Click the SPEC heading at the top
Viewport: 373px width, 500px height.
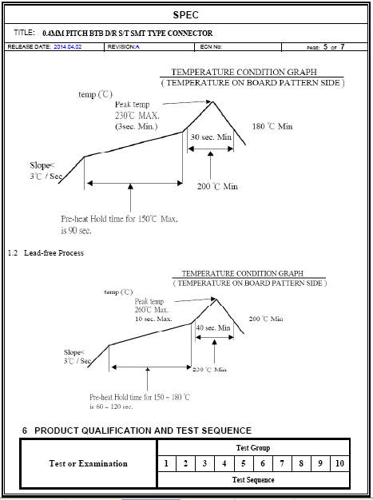pos(186,15)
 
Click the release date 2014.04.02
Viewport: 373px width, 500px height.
pos(68,47)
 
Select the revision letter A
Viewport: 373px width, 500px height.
pos(137,47)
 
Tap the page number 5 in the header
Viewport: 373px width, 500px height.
pos(325,47)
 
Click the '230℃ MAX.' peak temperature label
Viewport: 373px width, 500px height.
pos(137,116)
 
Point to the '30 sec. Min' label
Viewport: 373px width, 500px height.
pos(211,137)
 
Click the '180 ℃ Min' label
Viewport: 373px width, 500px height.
pos(272,126)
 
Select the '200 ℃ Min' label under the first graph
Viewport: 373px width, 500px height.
pos(217,186)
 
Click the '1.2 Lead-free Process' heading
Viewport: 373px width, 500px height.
pos(46,253)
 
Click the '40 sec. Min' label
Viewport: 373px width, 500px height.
pos(213,327)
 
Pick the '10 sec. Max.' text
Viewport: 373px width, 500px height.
pos(153,319)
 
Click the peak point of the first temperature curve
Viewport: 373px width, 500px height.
pos(212,101)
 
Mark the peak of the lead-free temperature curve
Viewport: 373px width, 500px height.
pos(216,299)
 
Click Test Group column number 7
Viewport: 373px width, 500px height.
pos(282,463)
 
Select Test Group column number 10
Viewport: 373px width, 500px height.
pos(339,463)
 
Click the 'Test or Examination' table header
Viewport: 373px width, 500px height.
pos(88,463)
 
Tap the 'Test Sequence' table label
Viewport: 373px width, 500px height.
pos(253,480)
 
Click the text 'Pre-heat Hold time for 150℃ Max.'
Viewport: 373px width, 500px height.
pos(119,219)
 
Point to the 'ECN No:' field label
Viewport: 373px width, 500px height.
pos(211,47)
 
